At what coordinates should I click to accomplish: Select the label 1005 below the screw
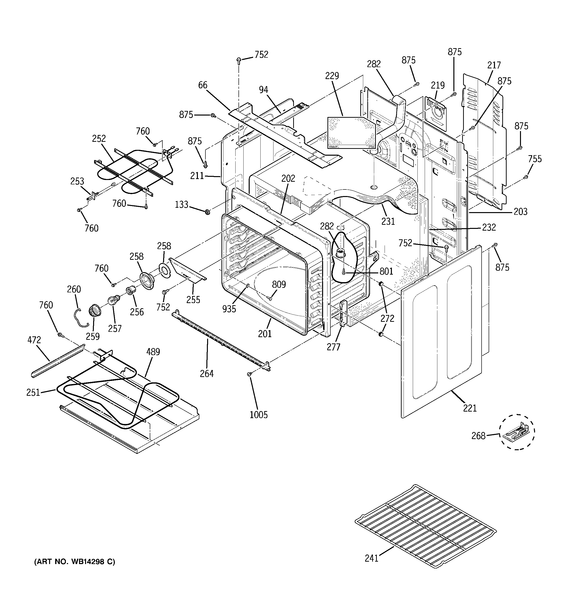[258, 414]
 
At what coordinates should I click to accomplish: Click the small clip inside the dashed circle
[516, 431]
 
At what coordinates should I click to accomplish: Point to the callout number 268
[478, 436]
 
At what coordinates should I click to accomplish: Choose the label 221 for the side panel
[470, 408]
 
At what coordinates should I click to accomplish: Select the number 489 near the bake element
[153, 352]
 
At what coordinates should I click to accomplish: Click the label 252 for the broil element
[99, 139]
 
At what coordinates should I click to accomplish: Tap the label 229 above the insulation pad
[332, 76]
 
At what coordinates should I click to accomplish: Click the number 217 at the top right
[494, 65]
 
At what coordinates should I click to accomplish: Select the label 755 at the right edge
[535, 159]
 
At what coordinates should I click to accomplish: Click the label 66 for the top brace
[203, 85]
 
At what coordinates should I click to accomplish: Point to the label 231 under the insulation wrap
[388, 222]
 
